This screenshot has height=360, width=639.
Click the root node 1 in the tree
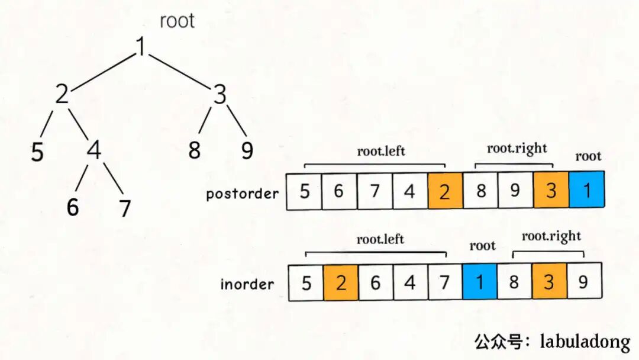[141, 47]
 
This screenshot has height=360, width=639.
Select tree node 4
[93, 150]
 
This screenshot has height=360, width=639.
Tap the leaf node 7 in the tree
[124, 208]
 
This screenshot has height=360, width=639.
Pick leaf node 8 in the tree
[195, 150]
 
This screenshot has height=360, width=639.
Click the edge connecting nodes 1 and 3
[180, 70]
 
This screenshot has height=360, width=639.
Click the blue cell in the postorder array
[586, 190]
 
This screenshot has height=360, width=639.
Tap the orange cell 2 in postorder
[444, 191]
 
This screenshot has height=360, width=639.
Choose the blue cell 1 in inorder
[479, 282]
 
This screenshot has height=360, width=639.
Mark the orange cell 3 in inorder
[548, 282]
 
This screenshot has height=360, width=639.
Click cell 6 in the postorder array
[338, 191]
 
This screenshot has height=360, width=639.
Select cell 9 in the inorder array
[583, 282]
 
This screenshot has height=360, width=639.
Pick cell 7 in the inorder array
[444, 282]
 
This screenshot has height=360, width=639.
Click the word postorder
[242, 194]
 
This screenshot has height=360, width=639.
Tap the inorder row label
[247, 284]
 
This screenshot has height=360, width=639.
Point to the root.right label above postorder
[517, 149]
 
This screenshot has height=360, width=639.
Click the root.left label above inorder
[380, 239]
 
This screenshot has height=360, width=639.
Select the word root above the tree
[177, 21]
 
